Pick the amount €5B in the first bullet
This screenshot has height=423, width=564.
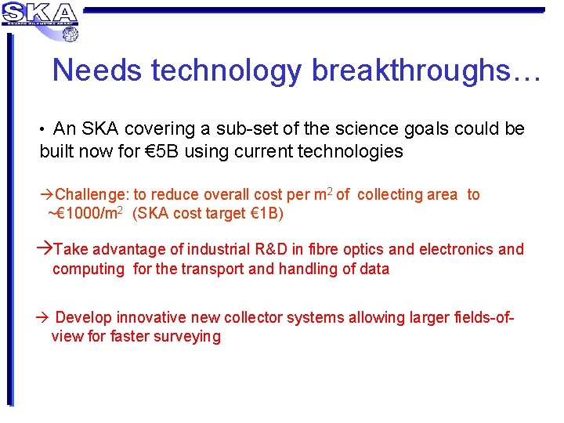160,151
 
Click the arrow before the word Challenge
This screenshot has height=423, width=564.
48,194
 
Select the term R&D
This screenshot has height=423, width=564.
277,249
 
